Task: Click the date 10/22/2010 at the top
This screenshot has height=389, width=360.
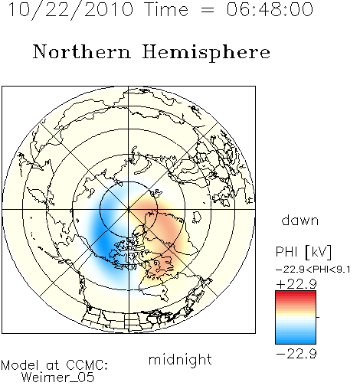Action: pos(70,10)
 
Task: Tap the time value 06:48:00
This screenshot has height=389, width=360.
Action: pos(270,9)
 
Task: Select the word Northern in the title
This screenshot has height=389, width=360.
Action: pos(82,52)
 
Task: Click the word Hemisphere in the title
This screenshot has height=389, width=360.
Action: pos(206,53)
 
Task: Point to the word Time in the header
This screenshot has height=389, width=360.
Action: pos(166,9)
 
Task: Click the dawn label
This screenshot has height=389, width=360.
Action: pos(299,220)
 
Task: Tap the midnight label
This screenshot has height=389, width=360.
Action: pos(180,359)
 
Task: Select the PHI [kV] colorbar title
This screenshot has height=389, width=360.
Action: pos(303,252)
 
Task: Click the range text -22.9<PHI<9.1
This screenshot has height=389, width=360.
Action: pos(313,270)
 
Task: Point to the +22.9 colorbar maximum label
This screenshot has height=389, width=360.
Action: pos(296,284)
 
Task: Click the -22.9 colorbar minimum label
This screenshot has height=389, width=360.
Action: pos(296,354)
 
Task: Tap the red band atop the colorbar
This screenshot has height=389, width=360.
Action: pos(296,295)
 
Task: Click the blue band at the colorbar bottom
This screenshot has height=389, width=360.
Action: pos(296,339)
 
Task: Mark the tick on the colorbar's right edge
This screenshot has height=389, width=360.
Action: pos(318,317)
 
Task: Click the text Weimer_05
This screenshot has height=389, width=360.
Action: pos(58,377)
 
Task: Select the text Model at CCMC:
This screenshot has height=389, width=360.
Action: pos(54,365)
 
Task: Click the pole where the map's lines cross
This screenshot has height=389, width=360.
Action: pos(129,209)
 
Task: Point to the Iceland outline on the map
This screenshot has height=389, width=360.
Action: pos(197,217)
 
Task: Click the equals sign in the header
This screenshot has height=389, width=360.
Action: pos(208,10)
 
